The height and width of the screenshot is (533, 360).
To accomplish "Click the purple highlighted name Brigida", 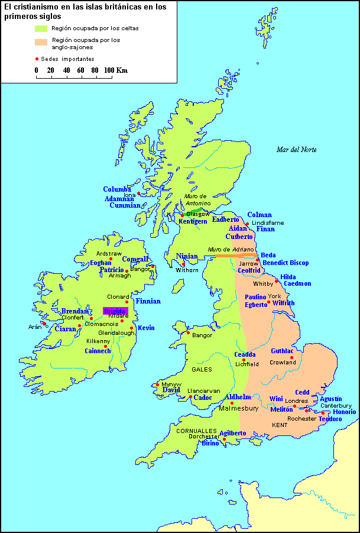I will [x=115, y=311].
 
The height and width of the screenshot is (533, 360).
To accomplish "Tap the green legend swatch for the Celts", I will [x=41, y=28].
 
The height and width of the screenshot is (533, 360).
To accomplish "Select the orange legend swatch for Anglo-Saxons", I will [x=41, y=42].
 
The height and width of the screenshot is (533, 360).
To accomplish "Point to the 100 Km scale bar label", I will [x=116, y=70].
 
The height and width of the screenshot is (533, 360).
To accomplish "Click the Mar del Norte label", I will [x=296, y=150].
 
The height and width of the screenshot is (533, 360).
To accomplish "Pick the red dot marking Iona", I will [x=139, y=193].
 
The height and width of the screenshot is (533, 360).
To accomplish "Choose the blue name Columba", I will [x=117, y=189].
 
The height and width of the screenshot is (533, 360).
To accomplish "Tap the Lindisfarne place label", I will [x=268, y=223].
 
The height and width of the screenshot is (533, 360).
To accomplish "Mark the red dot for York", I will [x=269, y=302].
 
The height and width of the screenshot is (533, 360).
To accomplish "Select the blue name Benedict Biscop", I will [x=286, y=263].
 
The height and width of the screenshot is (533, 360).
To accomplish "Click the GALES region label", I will [x=202, y=369].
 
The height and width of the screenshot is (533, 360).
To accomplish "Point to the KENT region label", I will [x=280, y=425].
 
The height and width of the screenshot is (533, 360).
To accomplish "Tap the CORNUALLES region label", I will [x=196, y=431].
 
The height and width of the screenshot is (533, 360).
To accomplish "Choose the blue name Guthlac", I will [x=283, y=351].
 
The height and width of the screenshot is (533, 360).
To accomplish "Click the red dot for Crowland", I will [x=291, y=357].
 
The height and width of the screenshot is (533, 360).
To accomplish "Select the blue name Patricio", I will [x=112, y=270].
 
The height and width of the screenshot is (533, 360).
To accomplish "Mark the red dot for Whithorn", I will [x=183, y=264].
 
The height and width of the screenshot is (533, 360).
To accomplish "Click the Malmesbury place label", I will [x=239, y=408].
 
